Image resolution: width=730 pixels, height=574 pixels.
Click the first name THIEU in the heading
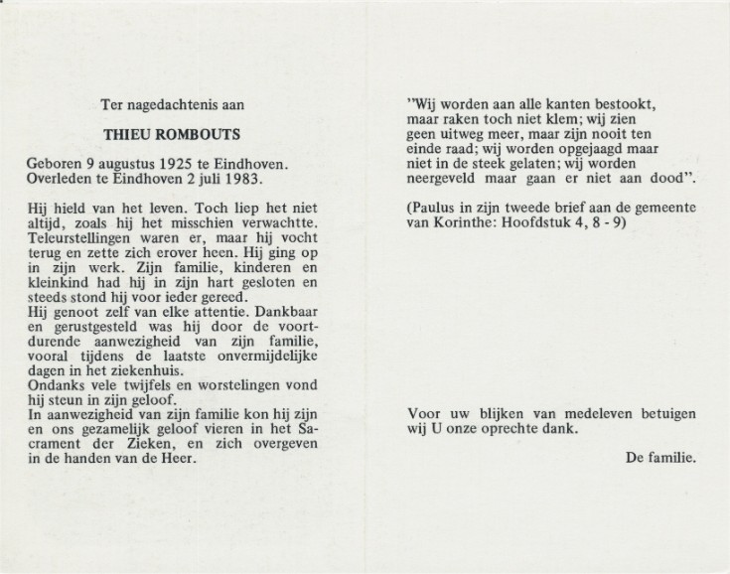pyautogui.click(x=152, y=131)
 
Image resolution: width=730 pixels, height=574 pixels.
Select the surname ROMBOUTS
pyautogui.click(x=214, y=131)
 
